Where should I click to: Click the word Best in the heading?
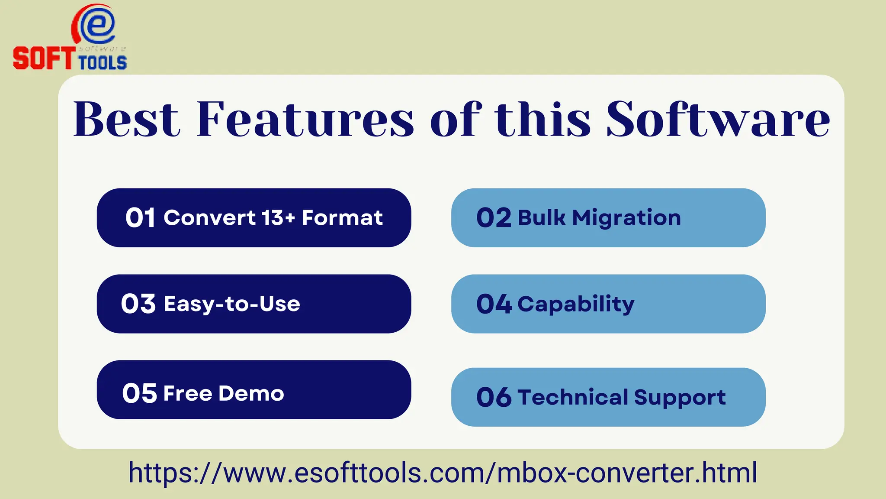point(126,120)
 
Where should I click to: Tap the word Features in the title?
point(305,120)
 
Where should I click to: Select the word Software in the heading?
point(718,120)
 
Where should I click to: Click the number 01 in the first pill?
point(140,217)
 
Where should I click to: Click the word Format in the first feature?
point(342,217)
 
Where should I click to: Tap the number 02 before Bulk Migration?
point(494,217)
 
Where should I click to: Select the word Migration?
point(626,217)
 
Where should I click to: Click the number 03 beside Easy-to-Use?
point(138,304)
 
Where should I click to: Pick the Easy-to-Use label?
point(232,304)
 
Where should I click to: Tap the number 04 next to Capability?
point(494,304)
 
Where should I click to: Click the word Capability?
point(576,304)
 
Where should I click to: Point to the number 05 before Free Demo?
point(139,393)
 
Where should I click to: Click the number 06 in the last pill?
point(494,397)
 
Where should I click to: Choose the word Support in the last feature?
point(680,398)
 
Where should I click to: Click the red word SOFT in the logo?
point(43,58)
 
